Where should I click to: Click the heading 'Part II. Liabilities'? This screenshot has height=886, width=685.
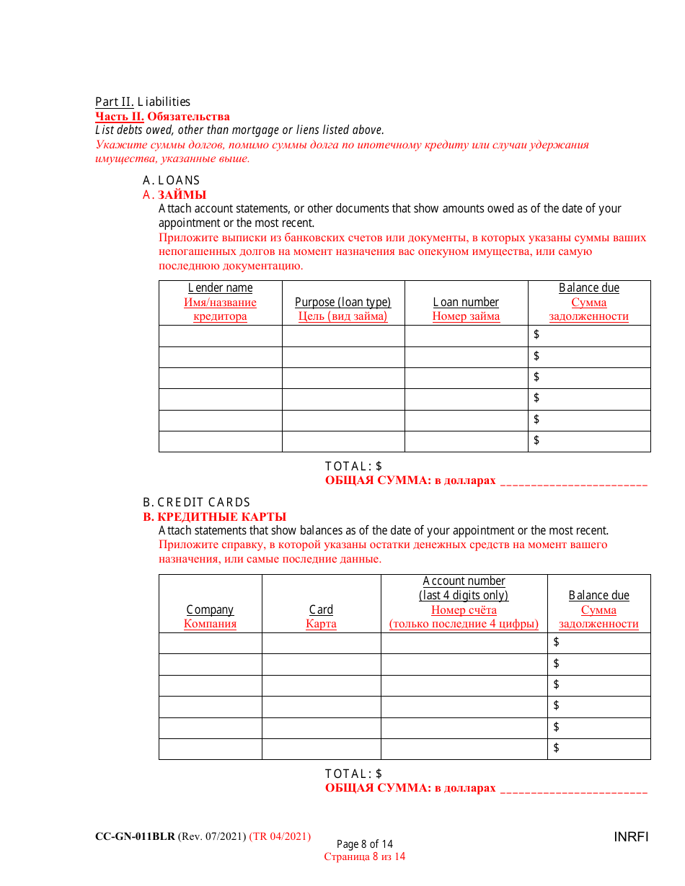[x=143, y=102]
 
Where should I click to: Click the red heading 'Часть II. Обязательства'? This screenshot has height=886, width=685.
[x=162, y=117]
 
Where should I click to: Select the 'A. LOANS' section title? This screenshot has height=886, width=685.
[x=172, y=180]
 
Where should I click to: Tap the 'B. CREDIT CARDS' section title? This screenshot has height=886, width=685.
[x=197, y=502]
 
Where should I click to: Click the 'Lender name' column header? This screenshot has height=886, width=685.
[x=220, y=288]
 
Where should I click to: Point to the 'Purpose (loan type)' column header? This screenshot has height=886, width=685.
[x=342, y=303]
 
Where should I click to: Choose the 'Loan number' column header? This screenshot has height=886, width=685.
[x=466, y=303]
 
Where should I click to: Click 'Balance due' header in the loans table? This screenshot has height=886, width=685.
[x=588, y=288]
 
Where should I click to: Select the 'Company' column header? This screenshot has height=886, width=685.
[x=210, y=610]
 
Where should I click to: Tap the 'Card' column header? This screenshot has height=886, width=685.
[x=321, y=610]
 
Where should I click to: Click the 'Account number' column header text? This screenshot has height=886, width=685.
[x=464, y=581]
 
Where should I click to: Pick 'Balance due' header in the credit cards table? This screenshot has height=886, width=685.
[x=598, y=596]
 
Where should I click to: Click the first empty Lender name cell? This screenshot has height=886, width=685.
[x=220, y=336]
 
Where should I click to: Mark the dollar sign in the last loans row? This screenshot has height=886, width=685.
[x=536, y=440]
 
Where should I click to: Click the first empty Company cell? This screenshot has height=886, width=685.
[x=210, y=643]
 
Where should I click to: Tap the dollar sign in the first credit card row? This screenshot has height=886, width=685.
[x=556, y=642]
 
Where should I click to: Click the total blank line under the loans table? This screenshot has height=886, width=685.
[x=573, y=483]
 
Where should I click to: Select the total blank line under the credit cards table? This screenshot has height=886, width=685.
[x=573, y=790]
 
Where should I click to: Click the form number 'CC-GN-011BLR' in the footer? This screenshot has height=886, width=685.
[x=135, y=836]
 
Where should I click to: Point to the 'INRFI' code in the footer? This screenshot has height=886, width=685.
[x=631, y=837]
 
